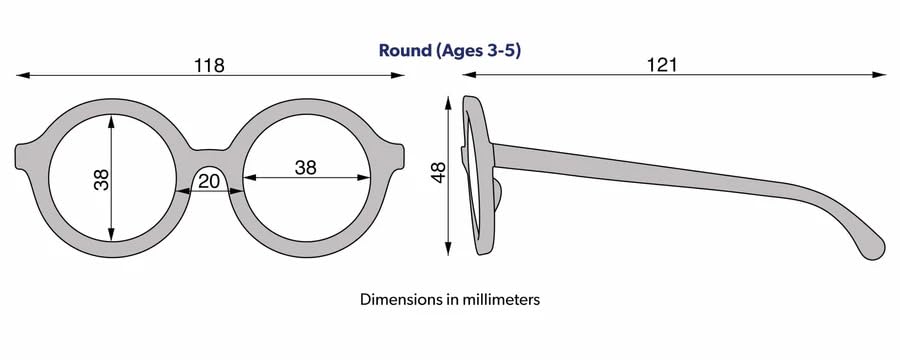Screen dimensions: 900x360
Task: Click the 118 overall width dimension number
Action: coord(209,65)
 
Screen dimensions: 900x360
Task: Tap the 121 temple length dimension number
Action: coord(662,65)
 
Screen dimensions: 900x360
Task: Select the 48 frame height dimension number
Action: coord(437,174)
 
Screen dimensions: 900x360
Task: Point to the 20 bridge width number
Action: coord(209,180)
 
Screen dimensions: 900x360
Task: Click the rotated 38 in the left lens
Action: coord(101,180)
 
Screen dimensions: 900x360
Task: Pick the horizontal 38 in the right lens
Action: coord(306,168)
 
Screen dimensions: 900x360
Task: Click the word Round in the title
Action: coord(404,49)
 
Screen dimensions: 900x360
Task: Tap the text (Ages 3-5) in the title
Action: coord(477,49)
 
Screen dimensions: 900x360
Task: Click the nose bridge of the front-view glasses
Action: coord(210,153)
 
